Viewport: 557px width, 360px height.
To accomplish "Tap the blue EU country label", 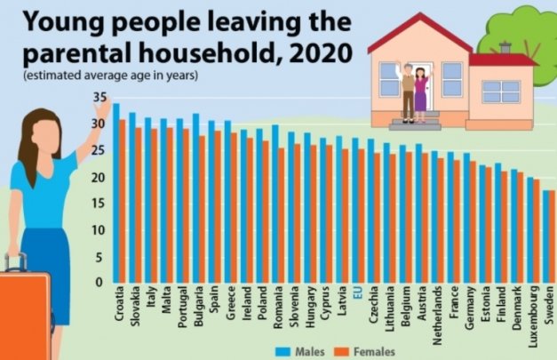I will click(x=357, y=293).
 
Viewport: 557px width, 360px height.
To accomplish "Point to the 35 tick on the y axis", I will click(x=99, y=97).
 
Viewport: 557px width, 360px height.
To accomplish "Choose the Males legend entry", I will click(x=298, y=351).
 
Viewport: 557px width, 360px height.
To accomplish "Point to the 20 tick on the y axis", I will click(x=99, y=177).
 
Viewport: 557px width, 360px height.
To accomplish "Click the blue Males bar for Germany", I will click(x=465, y=218).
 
